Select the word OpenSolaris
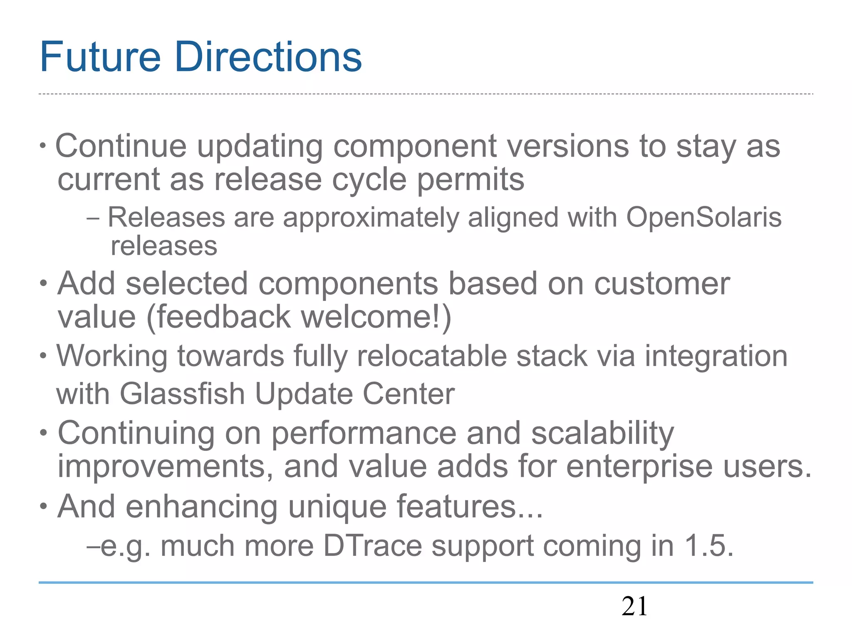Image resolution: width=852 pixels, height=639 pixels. pyautogui.click(x=703, y=218)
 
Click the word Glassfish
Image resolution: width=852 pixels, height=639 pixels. pyautogui.click(x=182, y=394)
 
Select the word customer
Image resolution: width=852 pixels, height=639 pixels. pyautogui.click(x=661, y=284)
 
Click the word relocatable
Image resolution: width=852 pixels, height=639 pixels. pyautogui.click(x=431, y=357)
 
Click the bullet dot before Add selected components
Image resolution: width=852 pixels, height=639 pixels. pyautogui.click(x=44, y=284)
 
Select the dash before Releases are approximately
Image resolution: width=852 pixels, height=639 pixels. pyautogui.click(x=93, y=218)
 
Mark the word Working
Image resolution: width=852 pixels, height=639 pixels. pyautogui.click(x=112, y=357)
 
